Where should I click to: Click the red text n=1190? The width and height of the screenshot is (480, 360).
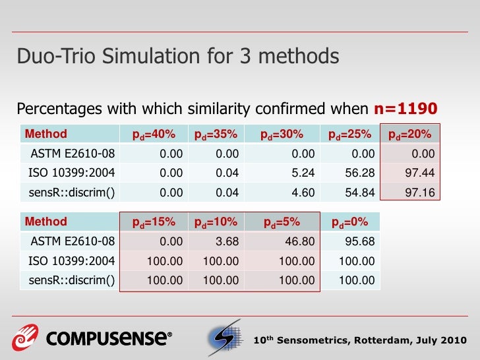pos(406,109)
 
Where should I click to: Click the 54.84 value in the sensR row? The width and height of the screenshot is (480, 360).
pos(361,193)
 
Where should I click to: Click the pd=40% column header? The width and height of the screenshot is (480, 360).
pos(154,135)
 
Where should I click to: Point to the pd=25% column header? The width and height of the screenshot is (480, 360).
pos(349,135)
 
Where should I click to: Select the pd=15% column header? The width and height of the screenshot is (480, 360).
pos(154,222)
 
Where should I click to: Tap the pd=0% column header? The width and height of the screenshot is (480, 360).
pos(349,222)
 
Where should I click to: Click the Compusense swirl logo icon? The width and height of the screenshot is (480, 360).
pos(24,338)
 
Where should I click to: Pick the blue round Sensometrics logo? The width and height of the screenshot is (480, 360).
pos(225,339)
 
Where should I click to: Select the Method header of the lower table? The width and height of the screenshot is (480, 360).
pos(45,222)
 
